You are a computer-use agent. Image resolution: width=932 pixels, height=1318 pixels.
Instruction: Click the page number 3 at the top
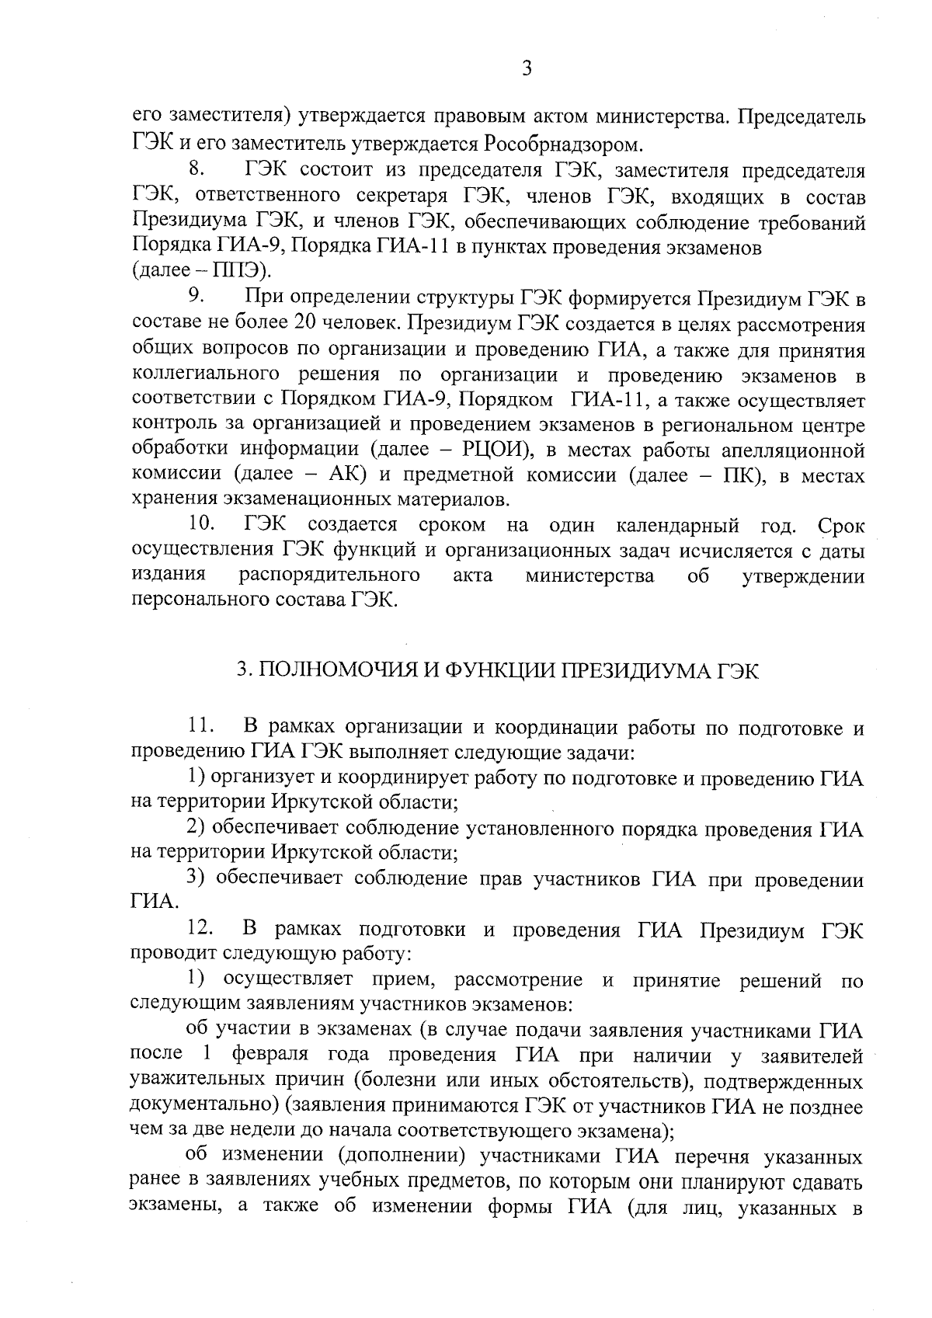(x=527, y=69)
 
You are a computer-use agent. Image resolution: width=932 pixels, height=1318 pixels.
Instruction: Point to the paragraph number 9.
(x=195, y=297)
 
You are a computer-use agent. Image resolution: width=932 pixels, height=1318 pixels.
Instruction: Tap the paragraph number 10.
(x=200, y=526)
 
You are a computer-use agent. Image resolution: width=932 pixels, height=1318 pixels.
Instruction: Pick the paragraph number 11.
(x=200, y=728)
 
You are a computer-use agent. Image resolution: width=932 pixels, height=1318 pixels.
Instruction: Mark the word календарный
(x=677, y=526)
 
